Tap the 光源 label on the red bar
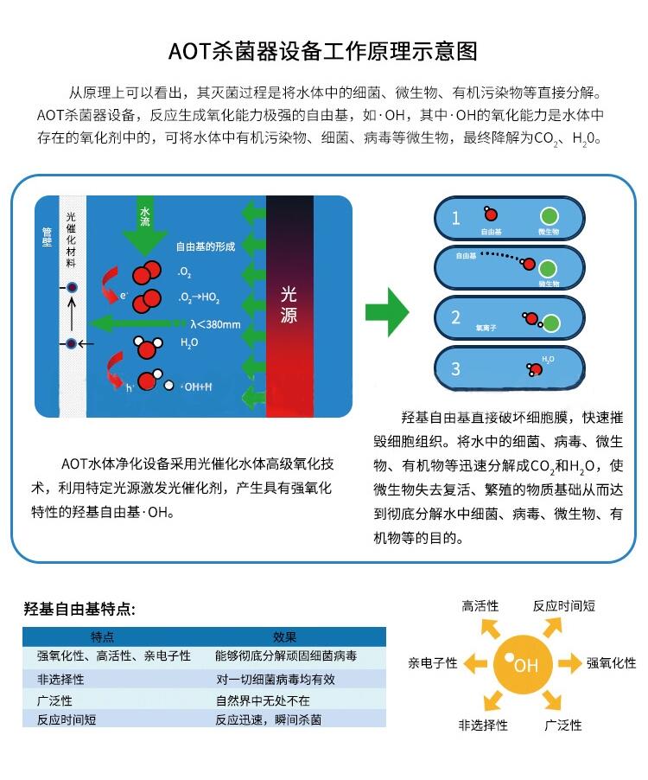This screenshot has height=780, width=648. point(289,304)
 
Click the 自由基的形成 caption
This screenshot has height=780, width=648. point(206,246)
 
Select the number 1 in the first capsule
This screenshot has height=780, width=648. point(455,218)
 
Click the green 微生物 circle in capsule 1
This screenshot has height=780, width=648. point(549,216)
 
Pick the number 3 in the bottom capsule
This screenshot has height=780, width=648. point(455,369)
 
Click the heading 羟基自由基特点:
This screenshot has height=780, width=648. point(79,609)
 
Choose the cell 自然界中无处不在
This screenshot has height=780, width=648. point(263,700)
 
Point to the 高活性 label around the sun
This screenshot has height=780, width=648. point(480,606)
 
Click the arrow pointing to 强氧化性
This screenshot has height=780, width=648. point(569,663)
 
